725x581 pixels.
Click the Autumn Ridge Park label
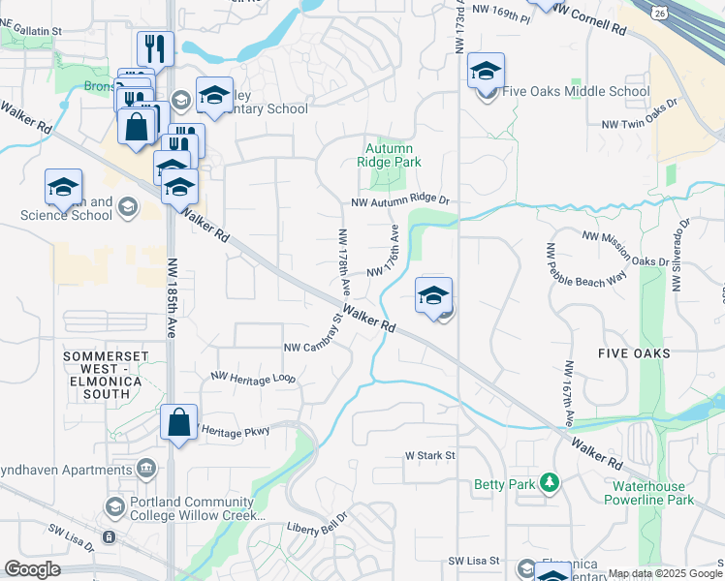pos(393,156)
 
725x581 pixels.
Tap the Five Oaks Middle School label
pos(576,92)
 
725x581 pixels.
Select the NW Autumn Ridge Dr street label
pos(401,199)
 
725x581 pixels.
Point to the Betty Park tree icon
pos(550,481)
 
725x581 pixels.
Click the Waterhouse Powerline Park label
pos(648,493)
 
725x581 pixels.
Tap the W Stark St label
pos(429,454)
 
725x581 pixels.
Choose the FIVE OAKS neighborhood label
pos(634,353)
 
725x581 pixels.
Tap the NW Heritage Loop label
pos(253,377)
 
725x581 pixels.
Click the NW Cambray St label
pos(313,346)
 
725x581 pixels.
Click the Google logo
pos(33,569)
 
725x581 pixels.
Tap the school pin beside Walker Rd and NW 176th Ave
pos(433,297)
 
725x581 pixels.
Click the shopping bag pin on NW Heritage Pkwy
pos(178,424)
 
